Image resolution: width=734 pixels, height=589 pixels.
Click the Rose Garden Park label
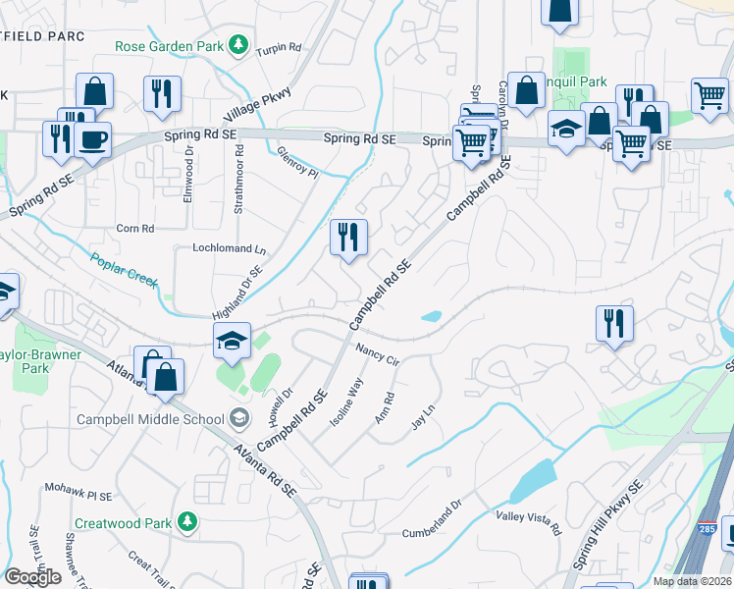pyautogui.click(x=169, y=46)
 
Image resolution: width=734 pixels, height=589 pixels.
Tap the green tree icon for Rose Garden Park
pyautogui.click(x=237, y=44)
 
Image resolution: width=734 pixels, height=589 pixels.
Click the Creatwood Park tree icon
pyautogui.click(x=185, y=523)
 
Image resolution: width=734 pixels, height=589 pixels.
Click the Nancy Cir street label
pyautogui.click(x=378, y=354)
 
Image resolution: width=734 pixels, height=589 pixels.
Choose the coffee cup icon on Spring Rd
pyautogui.click(x=92, y=139)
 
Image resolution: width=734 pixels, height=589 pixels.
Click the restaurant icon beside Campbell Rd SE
pyautogui.click(x=348, y=238)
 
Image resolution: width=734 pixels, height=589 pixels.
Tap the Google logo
pyautogui.click(x=32, y=577)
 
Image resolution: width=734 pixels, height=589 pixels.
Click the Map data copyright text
pyautogui.click(x=692, y=581)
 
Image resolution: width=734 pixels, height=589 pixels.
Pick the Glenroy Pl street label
pyautogui.click(x=298, y=161)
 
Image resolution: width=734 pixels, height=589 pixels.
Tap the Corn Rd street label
pyautogui.click(x=135, y=229)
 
